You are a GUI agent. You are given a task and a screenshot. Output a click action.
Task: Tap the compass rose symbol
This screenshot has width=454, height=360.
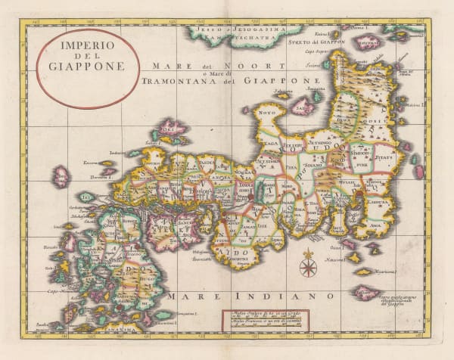tap(308, 266)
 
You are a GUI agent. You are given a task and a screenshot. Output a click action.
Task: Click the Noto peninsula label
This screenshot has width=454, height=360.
tap(267, 114)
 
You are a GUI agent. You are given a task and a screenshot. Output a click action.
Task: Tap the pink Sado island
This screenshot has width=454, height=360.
tap(303, 105)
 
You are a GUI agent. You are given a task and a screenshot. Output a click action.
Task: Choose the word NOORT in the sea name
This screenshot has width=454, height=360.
tap(215, 66)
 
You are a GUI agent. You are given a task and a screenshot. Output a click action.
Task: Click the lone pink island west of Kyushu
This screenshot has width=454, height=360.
tap(61, 175)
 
